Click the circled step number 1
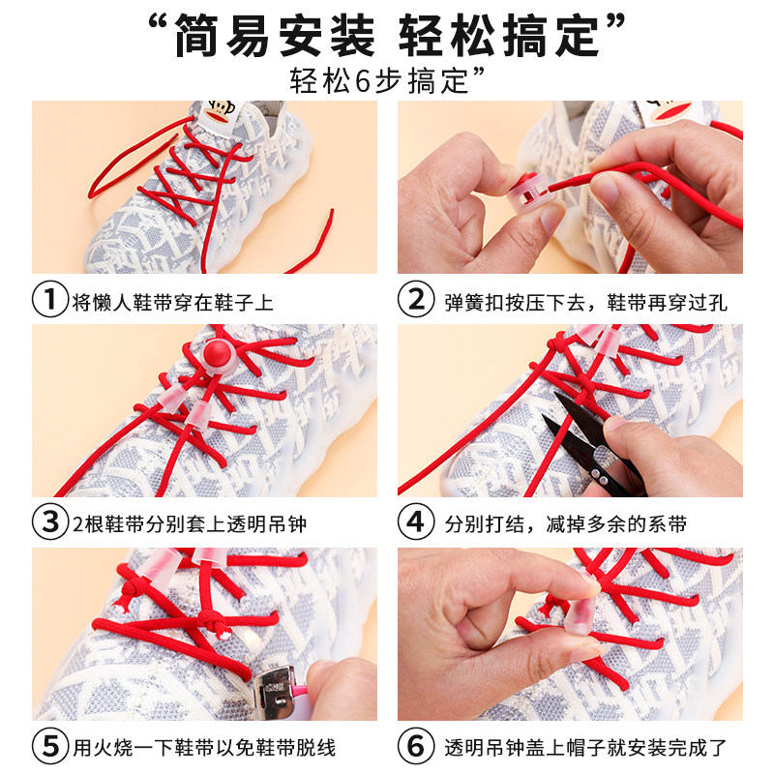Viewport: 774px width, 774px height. point(50,299)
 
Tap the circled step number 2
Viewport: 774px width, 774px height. point(416,299)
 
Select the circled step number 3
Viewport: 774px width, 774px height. point(50,521)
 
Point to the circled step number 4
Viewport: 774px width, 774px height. point(416,521)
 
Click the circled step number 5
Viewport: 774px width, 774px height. point(50,746)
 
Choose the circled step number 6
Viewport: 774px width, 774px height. point(416,746)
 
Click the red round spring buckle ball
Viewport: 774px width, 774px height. point(218,352)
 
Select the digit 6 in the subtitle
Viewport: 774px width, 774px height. point(363,81)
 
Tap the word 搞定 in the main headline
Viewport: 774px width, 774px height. point(551,36)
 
